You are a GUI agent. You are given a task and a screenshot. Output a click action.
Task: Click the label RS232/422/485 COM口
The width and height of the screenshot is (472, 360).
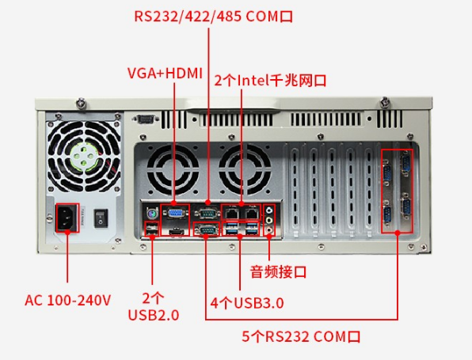tap(213, 17)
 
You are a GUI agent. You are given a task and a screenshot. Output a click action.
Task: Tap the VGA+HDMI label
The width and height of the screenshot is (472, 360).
tap(165, 74)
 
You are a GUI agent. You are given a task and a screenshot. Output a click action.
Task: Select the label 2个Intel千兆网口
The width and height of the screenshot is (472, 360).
tap(270, 81)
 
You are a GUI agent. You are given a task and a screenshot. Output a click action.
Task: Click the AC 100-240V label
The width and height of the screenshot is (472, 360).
tap(68, 300)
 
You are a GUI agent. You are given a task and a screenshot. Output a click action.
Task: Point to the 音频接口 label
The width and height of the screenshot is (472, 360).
tap(278, 271)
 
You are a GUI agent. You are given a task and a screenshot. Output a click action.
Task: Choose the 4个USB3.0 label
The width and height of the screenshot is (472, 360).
tap(247, 303)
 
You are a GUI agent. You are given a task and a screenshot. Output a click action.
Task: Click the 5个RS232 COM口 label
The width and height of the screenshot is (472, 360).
tap(301, 336)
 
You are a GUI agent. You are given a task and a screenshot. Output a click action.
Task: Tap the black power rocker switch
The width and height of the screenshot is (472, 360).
tap(101, 218)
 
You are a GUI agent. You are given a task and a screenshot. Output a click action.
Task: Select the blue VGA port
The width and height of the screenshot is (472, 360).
tap(175, 214)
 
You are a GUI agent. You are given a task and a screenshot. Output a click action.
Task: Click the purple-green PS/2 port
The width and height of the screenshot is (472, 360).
tap(152, 214)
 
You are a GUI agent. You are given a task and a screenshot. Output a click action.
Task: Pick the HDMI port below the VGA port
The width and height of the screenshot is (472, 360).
tap(176, 232)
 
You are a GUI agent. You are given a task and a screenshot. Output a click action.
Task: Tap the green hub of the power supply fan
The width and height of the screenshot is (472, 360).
tap(84, 156)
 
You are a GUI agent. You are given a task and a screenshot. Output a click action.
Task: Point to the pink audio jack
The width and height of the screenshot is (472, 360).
tap(268, 229)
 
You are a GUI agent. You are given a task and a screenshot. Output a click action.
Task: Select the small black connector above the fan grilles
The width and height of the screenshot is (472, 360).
tap(146, 119)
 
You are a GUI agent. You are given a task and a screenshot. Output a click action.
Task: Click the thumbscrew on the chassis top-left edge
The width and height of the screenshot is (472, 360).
tap(81, 103)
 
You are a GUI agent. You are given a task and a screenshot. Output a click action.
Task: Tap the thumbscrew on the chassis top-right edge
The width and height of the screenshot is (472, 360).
tap(385, 102)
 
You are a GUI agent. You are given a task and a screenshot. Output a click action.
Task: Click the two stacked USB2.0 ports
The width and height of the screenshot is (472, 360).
tap(152, 229)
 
